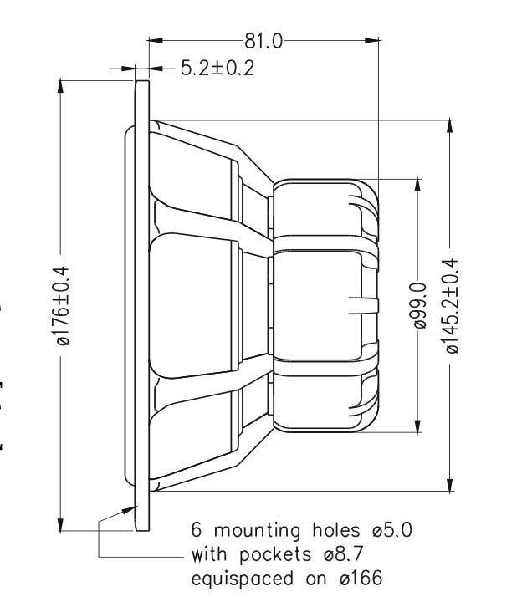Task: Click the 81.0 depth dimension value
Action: tap(263, 41)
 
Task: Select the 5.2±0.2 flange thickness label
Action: tap(217, 68)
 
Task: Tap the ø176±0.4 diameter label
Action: tap(63, 306)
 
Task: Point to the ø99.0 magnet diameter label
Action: tap(420, 306)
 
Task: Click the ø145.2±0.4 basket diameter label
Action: tap(452, 306)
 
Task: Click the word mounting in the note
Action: tap(258, 531)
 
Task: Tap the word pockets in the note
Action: tap(275, 554)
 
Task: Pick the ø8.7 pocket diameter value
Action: tap(344, 554)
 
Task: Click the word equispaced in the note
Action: tap(242, 579)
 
